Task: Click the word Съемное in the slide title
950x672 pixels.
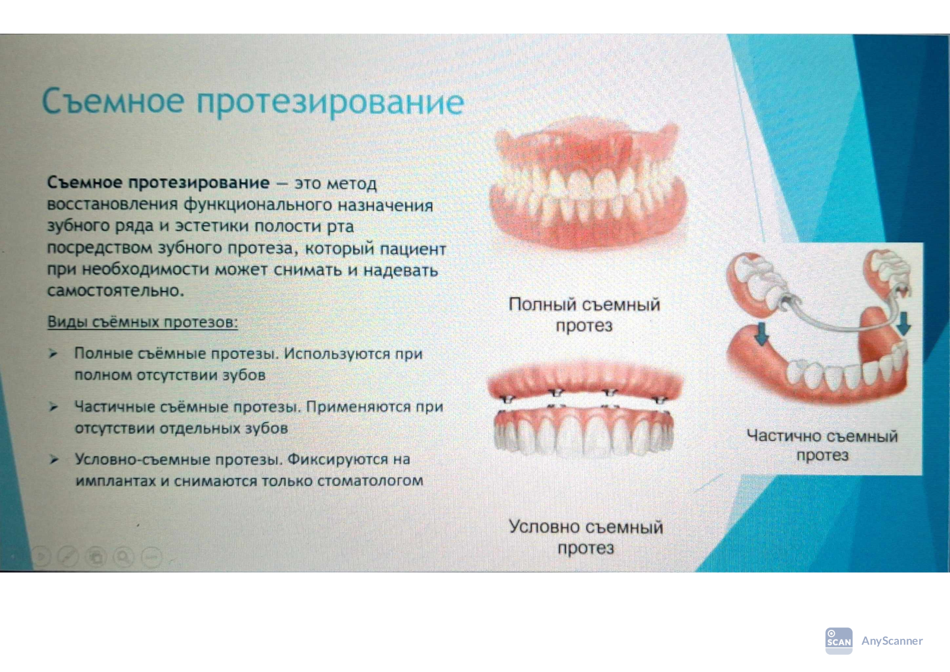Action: [x=113, y=100]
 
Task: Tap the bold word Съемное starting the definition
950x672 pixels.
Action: [x=85, y=182]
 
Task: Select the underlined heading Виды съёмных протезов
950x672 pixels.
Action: [x=142, y=322]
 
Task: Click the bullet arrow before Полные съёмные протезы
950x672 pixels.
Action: [x=53, y=353]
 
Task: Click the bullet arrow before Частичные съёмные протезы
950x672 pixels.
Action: [x=53, y=407]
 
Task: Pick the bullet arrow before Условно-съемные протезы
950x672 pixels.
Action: [x=53, y=459]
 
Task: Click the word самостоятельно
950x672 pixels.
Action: [x=115, y=290]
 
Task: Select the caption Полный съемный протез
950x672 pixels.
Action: [x=584, y=315]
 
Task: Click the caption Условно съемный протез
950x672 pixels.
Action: [x=585, y=537]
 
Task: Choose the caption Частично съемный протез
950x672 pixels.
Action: [x=822, y=445]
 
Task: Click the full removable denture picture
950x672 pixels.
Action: [x=587, y=186]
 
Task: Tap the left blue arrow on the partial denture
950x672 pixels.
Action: [x=762, y=334]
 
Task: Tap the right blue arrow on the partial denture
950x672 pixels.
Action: [x=904, y=324]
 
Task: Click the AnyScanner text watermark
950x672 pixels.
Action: [x=892, y=641]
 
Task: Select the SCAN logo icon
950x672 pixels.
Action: [x=838, y=641]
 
